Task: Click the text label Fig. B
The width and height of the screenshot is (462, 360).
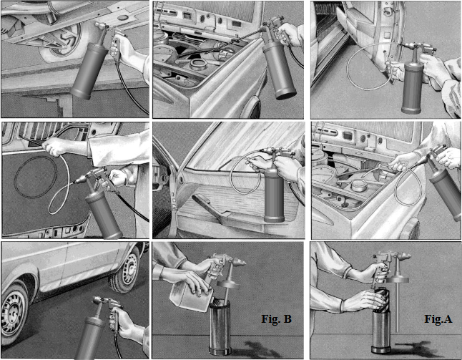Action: pyautogui.click(x=276, y=318)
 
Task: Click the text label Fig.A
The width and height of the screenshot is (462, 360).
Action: pyautogui.click(x=438, y=318)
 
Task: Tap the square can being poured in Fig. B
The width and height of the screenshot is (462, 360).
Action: pyautogui.click(x=191, y=296)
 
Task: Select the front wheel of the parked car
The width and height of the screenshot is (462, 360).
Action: pyautogui.click(x=14, y=313)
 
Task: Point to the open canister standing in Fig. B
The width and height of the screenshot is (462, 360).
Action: pyautogui.click(x=220, y=328)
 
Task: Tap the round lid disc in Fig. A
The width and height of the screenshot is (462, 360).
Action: pyautogui.click(x=397, y=280)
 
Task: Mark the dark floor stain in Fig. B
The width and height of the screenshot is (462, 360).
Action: pyautogui.click(x=257, y=349)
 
